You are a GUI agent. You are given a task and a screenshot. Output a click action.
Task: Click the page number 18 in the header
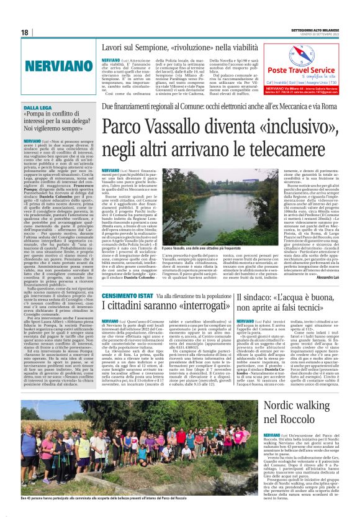point(25,32)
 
